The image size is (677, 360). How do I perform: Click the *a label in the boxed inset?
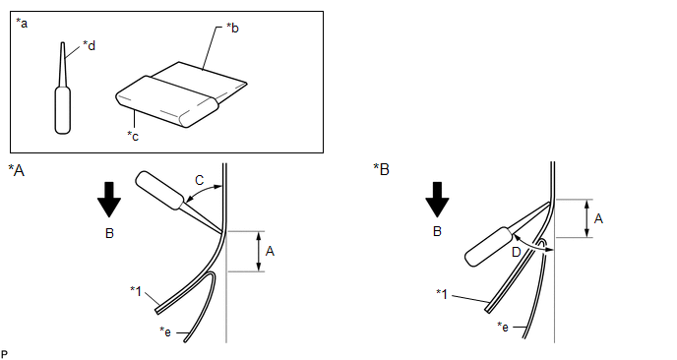(22, 23)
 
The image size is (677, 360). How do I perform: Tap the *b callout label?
(232, 29)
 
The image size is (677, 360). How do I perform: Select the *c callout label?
(133, 136)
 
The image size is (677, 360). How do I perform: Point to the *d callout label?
(89, 45)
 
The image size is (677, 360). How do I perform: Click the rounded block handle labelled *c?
(167, 102)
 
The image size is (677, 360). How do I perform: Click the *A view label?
(17, 170)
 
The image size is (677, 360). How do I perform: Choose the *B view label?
(381, 169)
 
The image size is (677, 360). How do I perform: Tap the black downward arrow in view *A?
(109, 200)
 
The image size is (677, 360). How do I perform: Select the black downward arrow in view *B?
(437, 200)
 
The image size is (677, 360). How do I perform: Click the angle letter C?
(200, 180)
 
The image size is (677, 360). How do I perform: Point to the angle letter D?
(516, 252)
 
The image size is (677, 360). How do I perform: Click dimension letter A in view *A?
(270, 251)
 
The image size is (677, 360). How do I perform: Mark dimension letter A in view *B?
(598, 218)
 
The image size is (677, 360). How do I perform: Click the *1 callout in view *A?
(136, 291)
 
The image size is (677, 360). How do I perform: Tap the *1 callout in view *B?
(442, 294)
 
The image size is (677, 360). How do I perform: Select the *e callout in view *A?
(165, 331)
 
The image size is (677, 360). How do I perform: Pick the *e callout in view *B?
(503, 327)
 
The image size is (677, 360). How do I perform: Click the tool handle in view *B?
(489, 247)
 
